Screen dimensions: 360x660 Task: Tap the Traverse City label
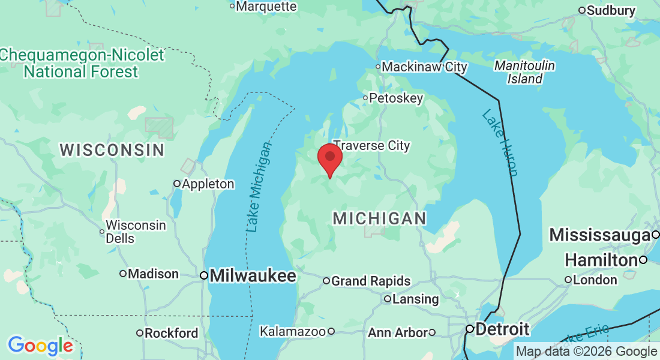tap(371, 145)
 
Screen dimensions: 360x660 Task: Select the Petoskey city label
tap(396, 98)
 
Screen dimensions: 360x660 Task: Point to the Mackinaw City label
tap(424, 67)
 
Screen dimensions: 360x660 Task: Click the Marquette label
tap(266, 7)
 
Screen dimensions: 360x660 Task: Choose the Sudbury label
tap(611, 10)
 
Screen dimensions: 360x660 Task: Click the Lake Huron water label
tap(500, 143)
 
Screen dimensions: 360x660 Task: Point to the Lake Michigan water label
tap(259, 187)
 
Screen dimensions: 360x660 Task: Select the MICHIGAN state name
tap(380, 218)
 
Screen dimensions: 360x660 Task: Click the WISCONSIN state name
tap(112, 150)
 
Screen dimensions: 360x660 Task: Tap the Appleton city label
tap(208, 184)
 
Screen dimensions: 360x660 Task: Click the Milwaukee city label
tap(253, 276)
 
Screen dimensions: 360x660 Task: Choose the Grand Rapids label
tap(371, 281)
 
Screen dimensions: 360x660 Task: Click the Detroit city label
tap(502, 329)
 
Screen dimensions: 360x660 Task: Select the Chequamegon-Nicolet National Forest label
tap(82, 64)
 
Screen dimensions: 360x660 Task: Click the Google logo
tap(40, 346)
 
